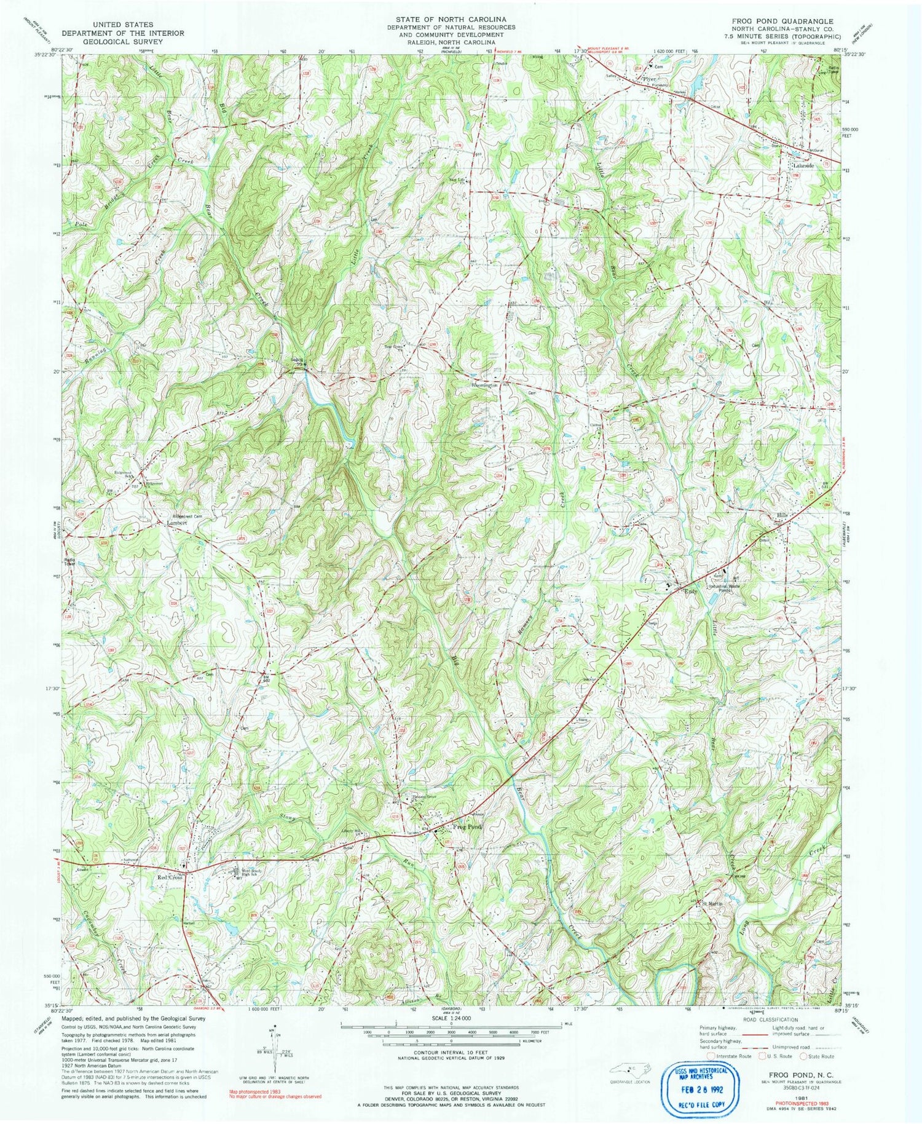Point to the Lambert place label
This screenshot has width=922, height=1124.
[177, 523]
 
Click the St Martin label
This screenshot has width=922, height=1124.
[713, 903]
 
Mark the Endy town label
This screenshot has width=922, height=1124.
[692, 591]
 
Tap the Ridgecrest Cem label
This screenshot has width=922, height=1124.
[187, 516]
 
